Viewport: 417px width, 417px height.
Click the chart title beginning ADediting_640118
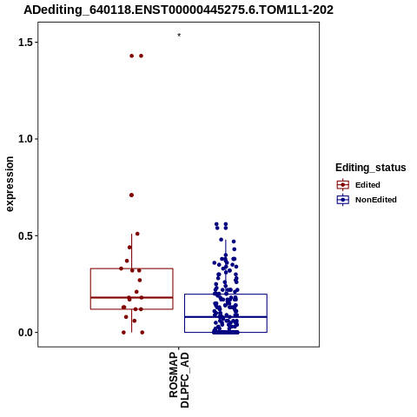click(x=178, y=10)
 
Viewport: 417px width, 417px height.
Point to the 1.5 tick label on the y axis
click(x=24, y=43)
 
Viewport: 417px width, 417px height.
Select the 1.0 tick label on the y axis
click(x=24, y=139)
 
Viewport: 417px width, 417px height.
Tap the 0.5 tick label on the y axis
click(x=24, y=235)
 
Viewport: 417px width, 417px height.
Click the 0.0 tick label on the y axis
click(x=24, y=333)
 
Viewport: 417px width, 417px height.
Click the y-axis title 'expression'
click(x=10, y=184)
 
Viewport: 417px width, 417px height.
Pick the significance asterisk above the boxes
click(x=179, y=36)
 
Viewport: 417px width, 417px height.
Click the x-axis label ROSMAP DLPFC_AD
click(x=179, y=380)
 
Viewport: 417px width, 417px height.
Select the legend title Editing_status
click(x=371, y=168)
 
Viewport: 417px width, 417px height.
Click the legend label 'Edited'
click(x=367, y=185)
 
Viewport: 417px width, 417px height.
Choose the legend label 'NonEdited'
click(x=376, y=200)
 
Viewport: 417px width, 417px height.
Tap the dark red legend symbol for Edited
click(x=343, y=185)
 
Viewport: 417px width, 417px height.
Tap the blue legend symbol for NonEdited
click(x=343, y=200)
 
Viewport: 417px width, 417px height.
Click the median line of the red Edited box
click(x=132, y=297)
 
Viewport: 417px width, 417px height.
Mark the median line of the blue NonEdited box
click(x=226, y=317)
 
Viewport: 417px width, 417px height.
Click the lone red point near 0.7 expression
click(x=131, y=195)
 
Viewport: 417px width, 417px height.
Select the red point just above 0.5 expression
click(x=137, y=234)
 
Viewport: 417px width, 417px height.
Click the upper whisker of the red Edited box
click(x=132, y=251)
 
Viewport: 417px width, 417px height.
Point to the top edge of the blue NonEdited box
click(x=226, y=295)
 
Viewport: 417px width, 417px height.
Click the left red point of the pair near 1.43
click(x=132, y=56)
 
